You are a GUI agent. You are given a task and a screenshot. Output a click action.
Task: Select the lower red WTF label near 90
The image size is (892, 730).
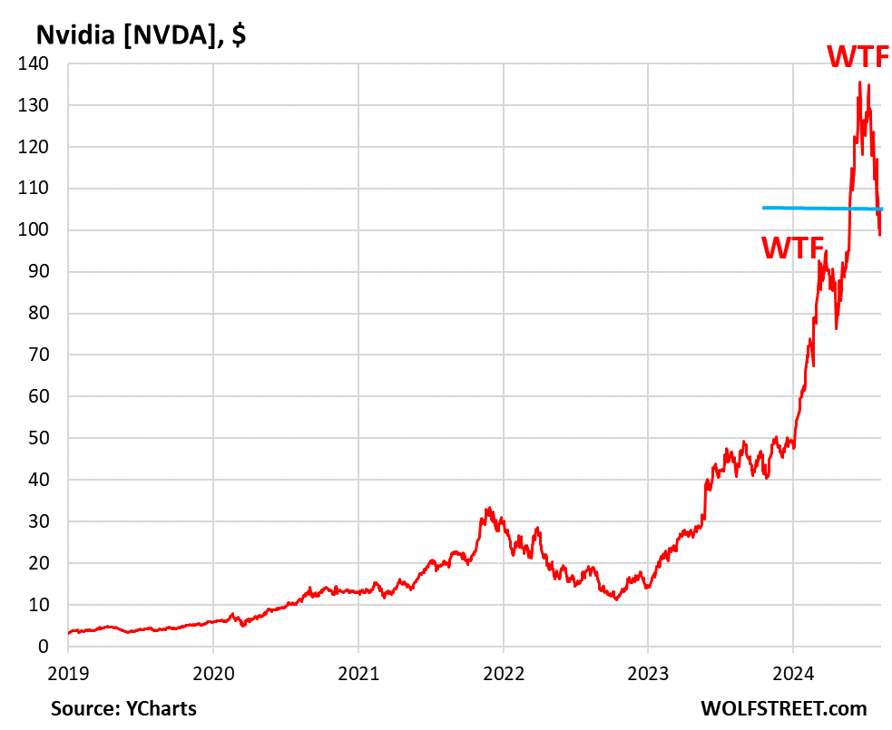(791, 248)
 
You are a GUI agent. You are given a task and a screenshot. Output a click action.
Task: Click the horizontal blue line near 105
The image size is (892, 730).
(817, 208)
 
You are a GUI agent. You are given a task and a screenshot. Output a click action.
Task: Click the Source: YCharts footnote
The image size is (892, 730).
(123, 708)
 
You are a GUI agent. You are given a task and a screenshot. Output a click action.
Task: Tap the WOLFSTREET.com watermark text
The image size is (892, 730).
(783, 708)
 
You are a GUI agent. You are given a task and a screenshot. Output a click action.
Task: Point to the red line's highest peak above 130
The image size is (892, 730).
(859, 83)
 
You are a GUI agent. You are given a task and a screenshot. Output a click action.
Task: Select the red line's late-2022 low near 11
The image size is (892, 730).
(617, 599)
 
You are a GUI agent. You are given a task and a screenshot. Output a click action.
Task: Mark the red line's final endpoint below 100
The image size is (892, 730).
(880, 235)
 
